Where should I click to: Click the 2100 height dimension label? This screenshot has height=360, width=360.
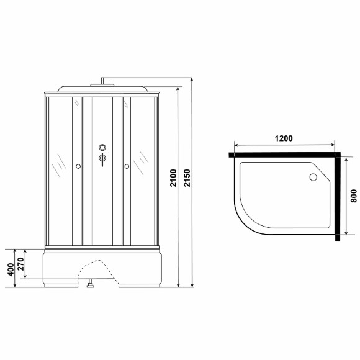pos(174,178)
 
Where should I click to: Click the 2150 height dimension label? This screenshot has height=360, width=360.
pos(187,178)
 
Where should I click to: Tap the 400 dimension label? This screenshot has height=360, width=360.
pos(11,269)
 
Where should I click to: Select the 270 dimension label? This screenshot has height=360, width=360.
pos(21,264)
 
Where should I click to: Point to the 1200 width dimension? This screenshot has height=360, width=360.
pos(284,138)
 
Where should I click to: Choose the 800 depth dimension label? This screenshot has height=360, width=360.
pos(354,196)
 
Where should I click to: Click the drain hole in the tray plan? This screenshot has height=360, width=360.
pos(313,178)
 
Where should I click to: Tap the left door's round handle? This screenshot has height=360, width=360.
pos(78,166)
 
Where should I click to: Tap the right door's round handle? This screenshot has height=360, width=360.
pos(127,166)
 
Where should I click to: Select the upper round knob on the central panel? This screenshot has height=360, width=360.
pos(102,147)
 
